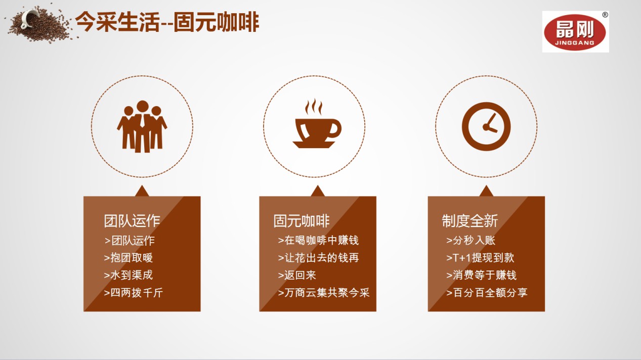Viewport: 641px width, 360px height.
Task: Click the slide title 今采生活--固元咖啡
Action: [x=167, y=22]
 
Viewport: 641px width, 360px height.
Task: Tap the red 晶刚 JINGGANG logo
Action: [x=575, y=32]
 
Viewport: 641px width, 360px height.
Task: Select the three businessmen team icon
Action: [x=142, y=126]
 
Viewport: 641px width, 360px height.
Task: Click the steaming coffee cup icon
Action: [x=317, y=123]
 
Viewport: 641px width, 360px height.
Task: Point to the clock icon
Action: [x=486, y=126]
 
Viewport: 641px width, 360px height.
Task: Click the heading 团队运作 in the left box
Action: [x=132, y=221]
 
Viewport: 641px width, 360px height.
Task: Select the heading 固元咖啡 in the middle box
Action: [x=302, y=221]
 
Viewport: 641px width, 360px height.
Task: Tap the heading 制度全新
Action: [x=470, y=221]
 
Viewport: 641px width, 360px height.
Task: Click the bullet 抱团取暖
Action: [x=128, y=258]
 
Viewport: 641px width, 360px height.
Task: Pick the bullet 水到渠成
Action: [x=128, y=276]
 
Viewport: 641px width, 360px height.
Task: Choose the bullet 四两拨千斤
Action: [x=134, y=293]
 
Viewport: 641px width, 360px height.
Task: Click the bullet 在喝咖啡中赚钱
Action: [x=318, y=241]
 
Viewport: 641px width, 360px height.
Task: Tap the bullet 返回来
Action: [x=297, y=276]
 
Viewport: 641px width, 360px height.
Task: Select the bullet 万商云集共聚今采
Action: [x=324, y=293]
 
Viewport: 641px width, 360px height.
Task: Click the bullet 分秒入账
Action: [x=471, y=241]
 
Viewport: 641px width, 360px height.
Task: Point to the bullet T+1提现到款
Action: [x=480, y=258]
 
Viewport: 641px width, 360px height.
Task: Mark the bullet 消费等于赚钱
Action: [x=481, y=276]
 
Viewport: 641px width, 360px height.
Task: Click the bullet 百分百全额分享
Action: [x=487, y=293]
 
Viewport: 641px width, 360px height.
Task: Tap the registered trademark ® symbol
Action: [x=605, y=15]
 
